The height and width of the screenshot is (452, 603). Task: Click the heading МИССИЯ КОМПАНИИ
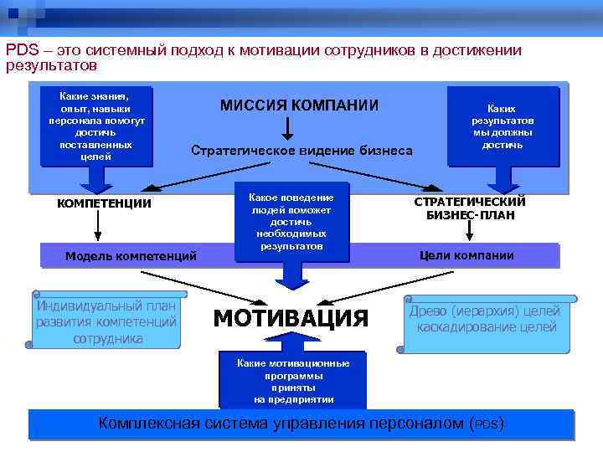coord(299,105)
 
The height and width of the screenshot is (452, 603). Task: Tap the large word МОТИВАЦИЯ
coord(291,318)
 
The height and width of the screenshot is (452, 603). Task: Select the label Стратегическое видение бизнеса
coord(301,151)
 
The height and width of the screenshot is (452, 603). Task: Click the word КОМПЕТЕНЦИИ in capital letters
coord(103,203)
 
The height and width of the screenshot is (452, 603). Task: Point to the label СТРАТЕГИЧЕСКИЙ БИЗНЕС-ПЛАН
coord(470,208)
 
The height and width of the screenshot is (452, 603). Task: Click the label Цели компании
coord(466,255)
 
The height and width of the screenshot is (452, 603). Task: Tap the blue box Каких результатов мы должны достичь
coord(502,126)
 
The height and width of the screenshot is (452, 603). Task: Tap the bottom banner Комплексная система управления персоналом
coord(301,423)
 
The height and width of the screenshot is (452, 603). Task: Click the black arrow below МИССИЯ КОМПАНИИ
coord(287,127)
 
